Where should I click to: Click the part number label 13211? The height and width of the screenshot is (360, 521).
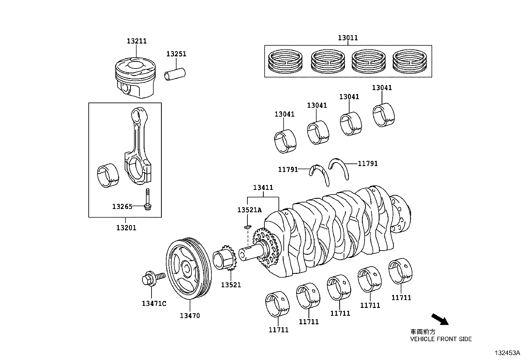[137, 41]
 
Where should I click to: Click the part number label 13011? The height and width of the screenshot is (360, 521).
[348, 38]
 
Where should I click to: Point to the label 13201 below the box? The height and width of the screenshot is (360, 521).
[126, 228]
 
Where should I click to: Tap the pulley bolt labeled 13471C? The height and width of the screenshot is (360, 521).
[152, 278]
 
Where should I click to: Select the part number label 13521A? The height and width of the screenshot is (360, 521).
[249, 210]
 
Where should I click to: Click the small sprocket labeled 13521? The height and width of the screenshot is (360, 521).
[225, 257]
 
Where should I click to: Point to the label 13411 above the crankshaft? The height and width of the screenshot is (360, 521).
[263, 188]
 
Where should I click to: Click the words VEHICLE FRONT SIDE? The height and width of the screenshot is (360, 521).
[441, 339]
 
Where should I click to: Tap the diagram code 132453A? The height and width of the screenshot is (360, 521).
[507, 353]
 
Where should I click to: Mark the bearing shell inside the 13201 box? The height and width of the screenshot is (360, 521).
[108, 176]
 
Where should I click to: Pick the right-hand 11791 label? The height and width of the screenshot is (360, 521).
[368, 163]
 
